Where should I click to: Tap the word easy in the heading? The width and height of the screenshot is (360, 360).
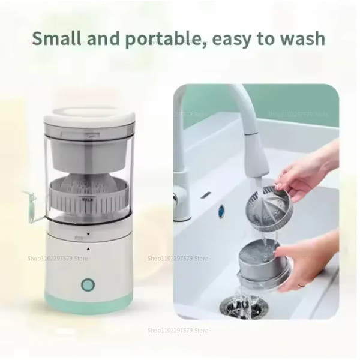pyautogui.click(x=233, y=40)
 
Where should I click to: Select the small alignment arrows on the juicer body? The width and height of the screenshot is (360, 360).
pyautogui.click(x=87, y=240)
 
